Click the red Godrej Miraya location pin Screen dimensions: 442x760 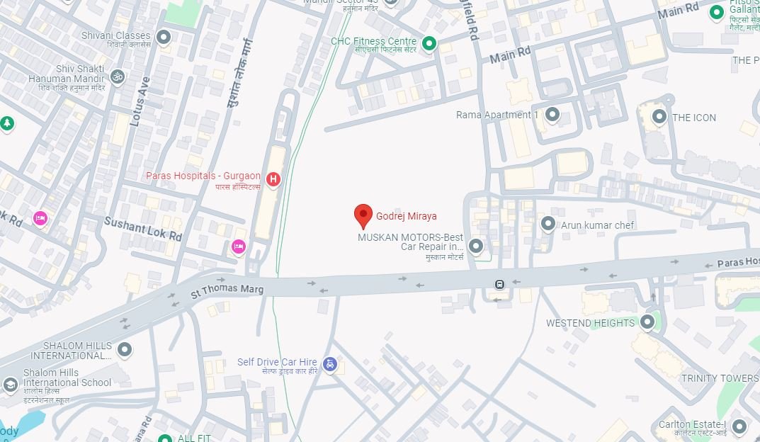[363, 215]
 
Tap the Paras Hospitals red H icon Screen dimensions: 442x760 [273, 180]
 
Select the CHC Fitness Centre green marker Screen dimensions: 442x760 [429, 45]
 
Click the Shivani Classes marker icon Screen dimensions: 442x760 [164, 37]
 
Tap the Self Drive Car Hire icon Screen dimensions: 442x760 [329, 364]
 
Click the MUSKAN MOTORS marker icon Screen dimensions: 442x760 [476, 246]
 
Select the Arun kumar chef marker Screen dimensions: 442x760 [548, 224]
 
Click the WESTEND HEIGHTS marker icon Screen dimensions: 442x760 [647, 322]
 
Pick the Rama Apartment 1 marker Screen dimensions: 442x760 [552, 114]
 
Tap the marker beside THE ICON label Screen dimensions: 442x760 [659, 116]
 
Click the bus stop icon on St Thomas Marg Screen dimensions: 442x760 [499, 285]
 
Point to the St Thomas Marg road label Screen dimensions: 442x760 [227, 290]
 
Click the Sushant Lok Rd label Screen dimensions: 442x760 [143, 229]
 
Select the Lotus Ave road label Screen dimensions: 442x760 [138, 101]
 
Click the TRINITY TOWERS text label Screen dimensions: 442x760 [719, 378]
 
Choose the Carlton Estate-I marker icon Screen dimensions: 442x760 [739, 426]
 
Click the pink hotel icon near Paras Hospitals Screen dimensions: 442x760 [239, 246]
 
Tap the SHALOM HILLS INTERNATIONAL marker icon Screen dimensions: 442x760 [125, 349]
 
